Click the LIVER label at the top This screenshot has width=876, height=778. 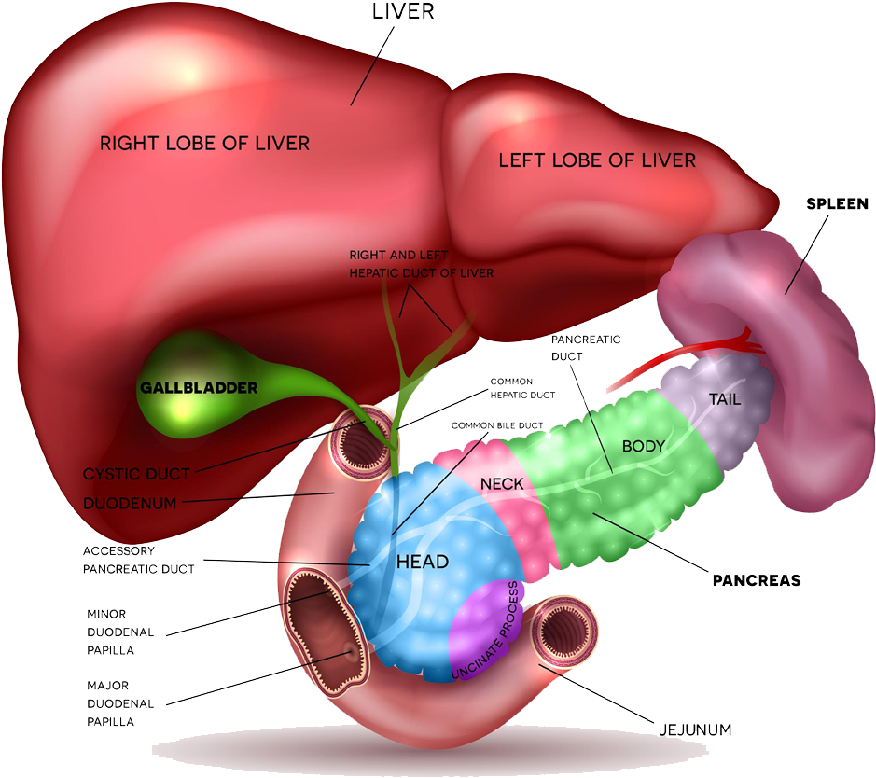403,13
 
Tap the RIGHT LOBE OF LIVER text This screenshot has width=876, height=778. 204,143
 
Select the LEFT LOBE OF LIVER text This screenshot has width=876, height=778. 597,160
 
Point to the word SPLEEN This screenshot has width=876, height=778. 837,203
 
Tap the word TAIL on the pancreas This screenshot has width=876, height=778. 724,400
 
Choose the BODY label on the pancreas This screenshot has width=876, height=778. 643,446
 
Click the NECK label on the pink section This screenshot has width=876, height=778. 502,483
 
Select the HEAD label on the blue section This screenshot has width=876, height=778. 423,562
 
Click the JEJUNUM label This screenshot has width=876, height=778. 691,729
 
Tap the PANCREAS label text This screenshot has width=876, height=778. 757,580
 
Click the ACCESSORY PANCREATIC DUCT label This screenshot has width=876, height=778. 138,560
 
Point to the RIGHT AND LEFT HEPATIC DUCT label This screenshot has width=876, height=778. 421,264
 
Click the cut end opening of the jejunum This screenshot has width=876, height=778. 564,633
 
